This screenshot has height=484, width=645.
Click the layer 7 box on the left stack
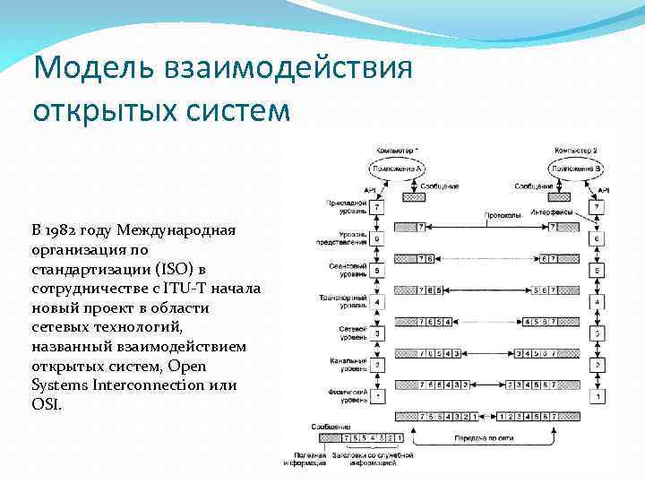[x=377, y=207]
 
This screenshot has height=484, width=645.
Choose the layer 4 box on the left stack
[x=377, y=302]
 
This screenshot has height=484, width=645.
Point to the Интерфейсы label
[x=550, y=213]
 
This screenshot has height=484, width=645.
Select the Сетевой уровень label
[x=346, y=333]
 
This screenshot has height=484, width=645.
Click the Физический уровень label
[x=346, y=395]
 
